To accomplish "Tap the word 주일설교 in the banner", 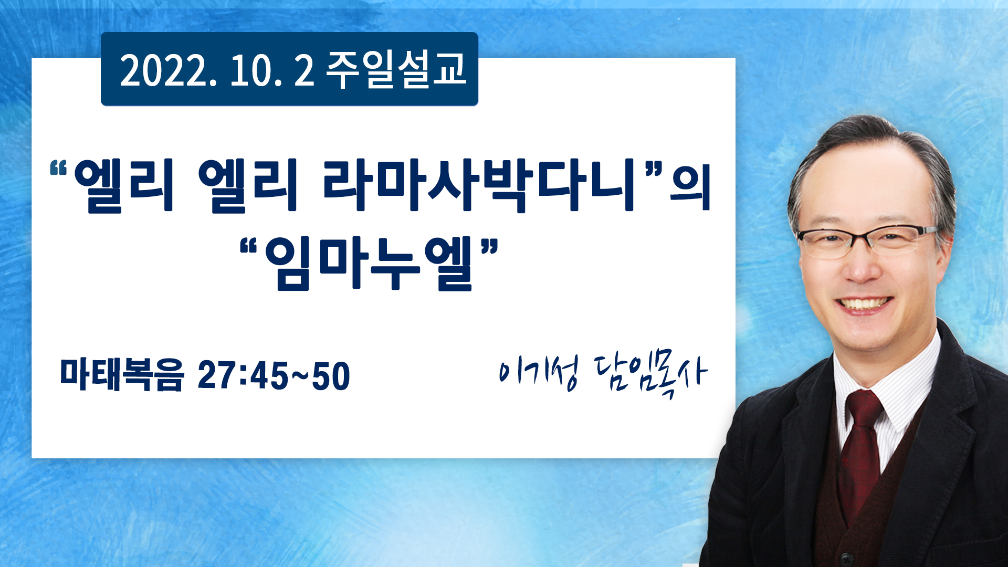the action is click(x=396, y=69).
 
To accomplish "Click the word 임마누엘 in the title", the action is click(x=369, y=264).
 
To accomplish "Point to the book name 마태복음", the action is click(x=122, y=375).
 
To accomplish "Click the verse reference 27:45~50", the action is click(x=274, y=376).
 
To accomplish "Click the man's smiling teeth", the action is click(x=863, y=304).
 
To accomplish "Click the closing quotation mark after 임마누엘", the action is click(x=489, y=246).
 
